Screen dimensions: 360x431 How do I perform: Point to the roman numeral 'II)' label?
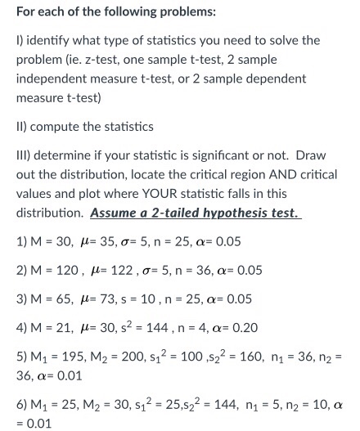(22, 128)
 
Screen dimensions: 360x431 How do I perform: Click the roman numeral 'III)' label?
(24, 156)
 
